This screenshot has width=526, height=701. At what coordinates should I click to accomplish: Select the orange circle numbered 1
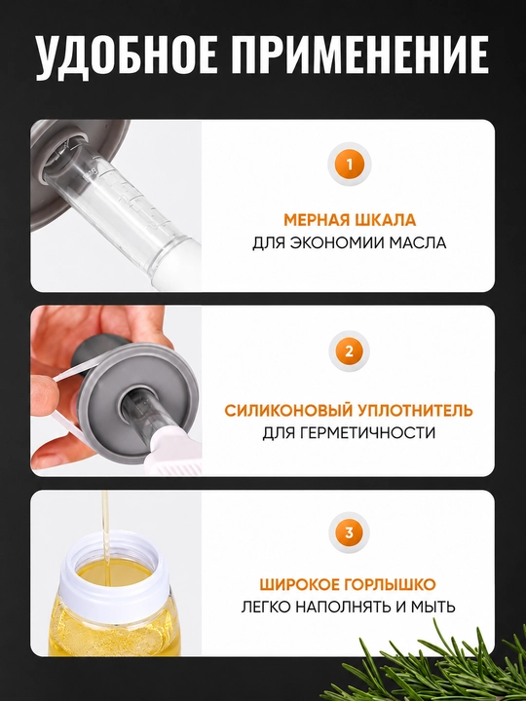pos(350,165)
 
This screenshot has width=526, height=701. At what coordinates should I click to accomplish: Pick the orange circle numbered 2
pos(350,351)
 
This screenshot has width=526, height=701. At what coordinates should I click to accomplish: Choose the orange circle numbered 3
pos(350,533)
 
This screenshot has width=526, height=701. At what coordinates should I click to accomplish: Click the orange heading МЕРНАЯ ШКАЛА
pos(350,220)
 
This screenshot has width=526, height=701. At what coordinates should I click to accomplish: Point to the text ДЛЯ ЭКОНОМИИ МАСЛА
pos(350,242)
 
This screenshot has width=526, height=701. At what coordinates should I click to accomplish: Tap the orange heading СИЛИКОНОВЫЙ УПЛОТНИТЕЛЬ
pos(349,411)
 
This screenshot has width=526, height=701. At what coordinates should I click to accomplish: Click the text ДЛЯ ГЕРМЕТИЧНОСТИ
pos(349,432)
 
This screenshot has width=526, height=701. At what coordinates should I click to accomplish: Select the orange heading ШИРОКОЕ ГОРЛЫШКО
pos(348,584)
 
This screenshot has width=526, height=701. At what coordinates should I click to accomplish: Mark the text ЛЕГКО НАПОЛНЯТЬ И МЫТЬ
pos(349,607)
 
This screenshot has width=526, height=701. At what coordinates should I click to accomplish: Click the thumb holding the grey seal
pos(47,392)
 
